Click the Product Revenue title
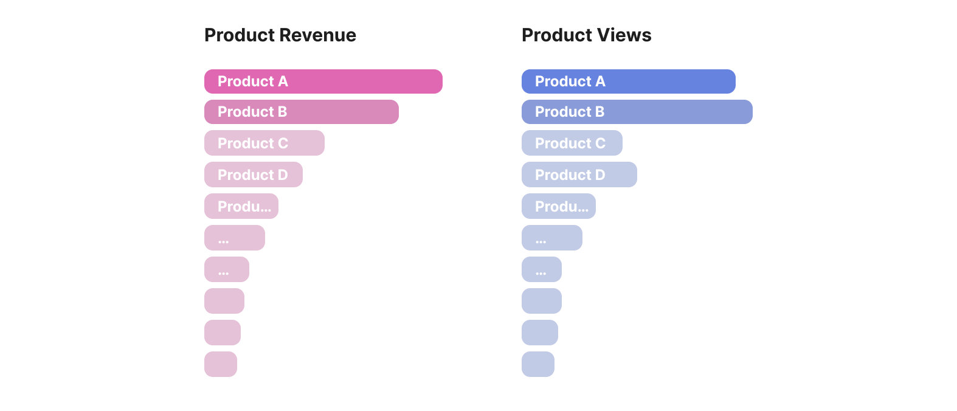click(x=280, y=35)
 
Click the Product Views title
click(x=586, y=35)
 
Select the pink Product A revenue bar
click(x=323, y=81)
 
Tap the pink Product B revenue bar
click(x=301, y=112)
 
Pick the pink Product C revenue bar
click(x=264, y=143)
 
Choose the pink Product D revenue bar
click(x=253, y=174)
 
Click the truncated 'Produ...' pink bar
click(x=241, y=206)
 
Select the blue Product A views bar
click(x=628, y=81)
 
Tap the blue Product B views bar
click(x=637, y=112)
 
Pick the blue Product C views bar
click(x=572, y=143)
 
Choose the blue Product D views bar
click(x=579, y=174)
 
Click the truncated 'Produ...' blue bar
click(x=558, y=206)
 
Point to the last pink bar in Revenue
click(x=220, y=364)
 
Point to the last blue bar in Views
click(x=537, y=364)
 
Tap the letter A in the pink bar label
click(x=283, y=81)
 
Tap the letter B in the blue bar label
click(x=599, y=112)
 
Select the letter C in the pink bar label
click(x=283, y=143)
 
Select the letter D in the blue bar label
click(x=599, y=175)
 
